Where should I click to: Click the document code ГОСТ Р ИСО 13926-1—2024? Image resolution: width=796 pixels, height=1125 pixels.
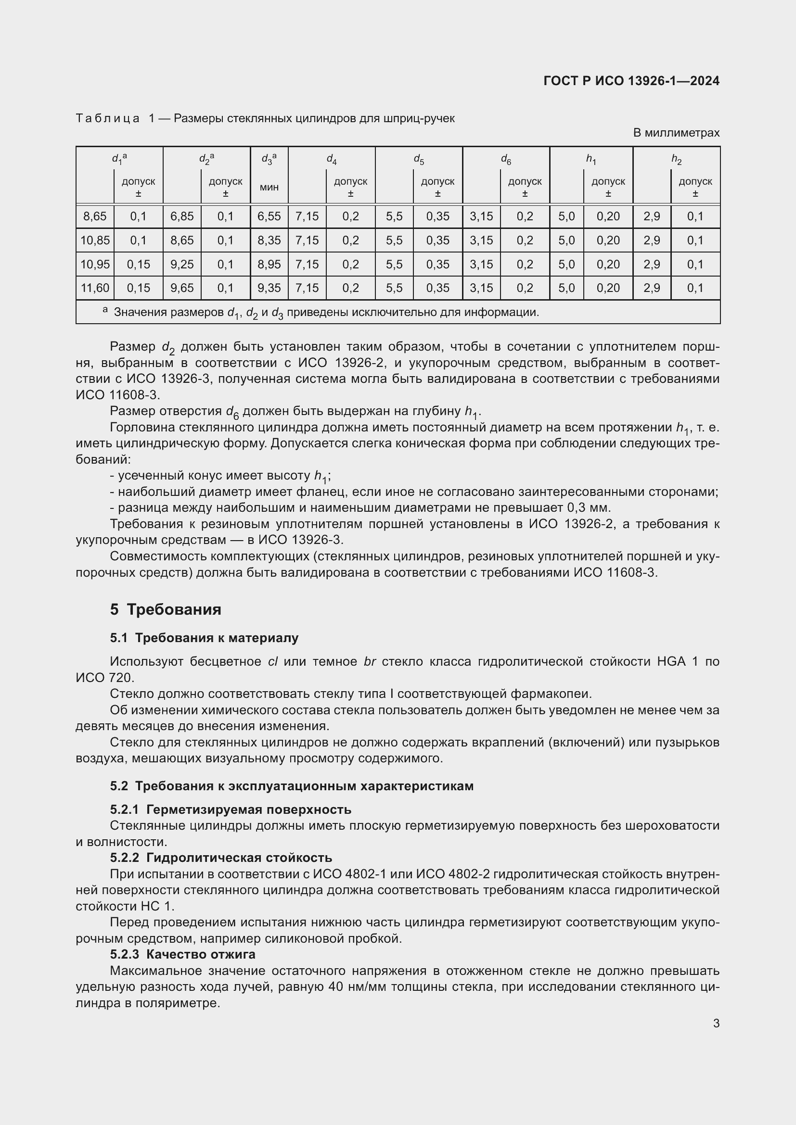[631, 81]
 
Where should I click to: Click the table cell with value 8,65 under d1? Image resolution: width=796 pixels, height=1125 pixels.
[95, 216]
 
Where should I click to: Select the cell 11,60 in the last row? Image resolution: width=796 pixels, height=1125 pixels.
[95, 288]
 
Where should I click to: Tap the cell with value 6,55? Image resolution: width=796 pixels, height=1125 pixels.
[269, 216]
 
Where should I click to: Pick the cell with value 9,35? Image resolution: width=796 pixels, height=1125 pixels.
[269, 288]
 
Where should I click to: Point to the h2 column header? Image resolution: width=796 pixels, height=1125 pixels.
[676, 159]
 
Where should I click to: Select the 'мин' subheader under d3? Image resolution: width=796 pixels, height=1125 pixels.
[269, 187]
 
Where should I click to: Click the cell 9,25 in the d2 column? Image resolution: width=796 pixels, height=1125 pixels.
[182, 264]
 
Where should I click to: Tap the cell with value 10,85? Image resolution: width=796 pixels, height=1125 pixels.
[95, 240]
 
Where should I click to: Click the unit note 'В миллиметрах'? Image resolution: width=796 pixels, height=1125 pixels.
[676, 133]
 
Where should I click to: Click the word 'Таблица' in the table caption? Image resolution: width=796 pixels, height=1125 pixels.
[108, 119]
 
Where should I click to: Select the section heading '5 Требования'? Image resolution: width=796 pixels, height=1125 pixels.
[166, 609]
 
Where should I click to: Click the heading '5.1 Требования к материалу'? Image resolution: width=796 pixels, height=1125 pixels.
[204, 638]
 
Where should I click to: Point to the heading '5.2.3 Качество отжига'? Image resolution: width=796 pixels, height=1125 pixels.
[183, 954]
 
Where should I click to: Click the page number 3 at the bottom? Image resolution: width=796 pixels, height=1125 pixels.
[716, 1024]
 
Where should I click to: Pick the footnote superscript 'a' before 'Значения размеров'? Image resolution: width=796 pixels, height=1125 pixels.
[105, 310]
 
